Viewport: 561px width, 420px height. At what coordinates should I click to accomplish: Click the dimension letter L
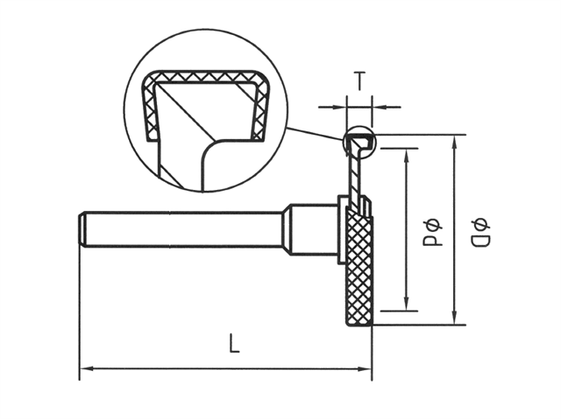[x=234, y=344]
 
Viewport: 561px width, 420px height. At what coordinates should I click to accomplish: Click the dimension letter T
[x=359, y=81]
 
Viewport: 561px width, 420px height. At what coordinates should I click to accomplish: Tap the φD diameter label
[x=479, y=229]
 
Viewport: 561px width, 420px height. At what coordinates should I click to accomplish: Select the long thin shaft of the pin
[x=184, y=229]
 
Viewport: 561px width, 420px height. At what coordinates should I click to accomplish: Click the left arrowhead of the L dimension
[x=85, y=368]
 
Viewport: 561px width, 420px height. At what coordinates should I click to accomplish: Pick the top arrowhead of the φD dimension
[x=454, y=141]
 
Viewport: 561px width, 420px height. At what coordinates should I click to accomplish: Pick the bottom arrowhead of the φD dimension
[x=454, y=319]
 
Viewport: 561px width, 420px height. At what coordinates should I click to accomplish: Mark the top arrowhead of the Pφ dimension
[x=407, y=155]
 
